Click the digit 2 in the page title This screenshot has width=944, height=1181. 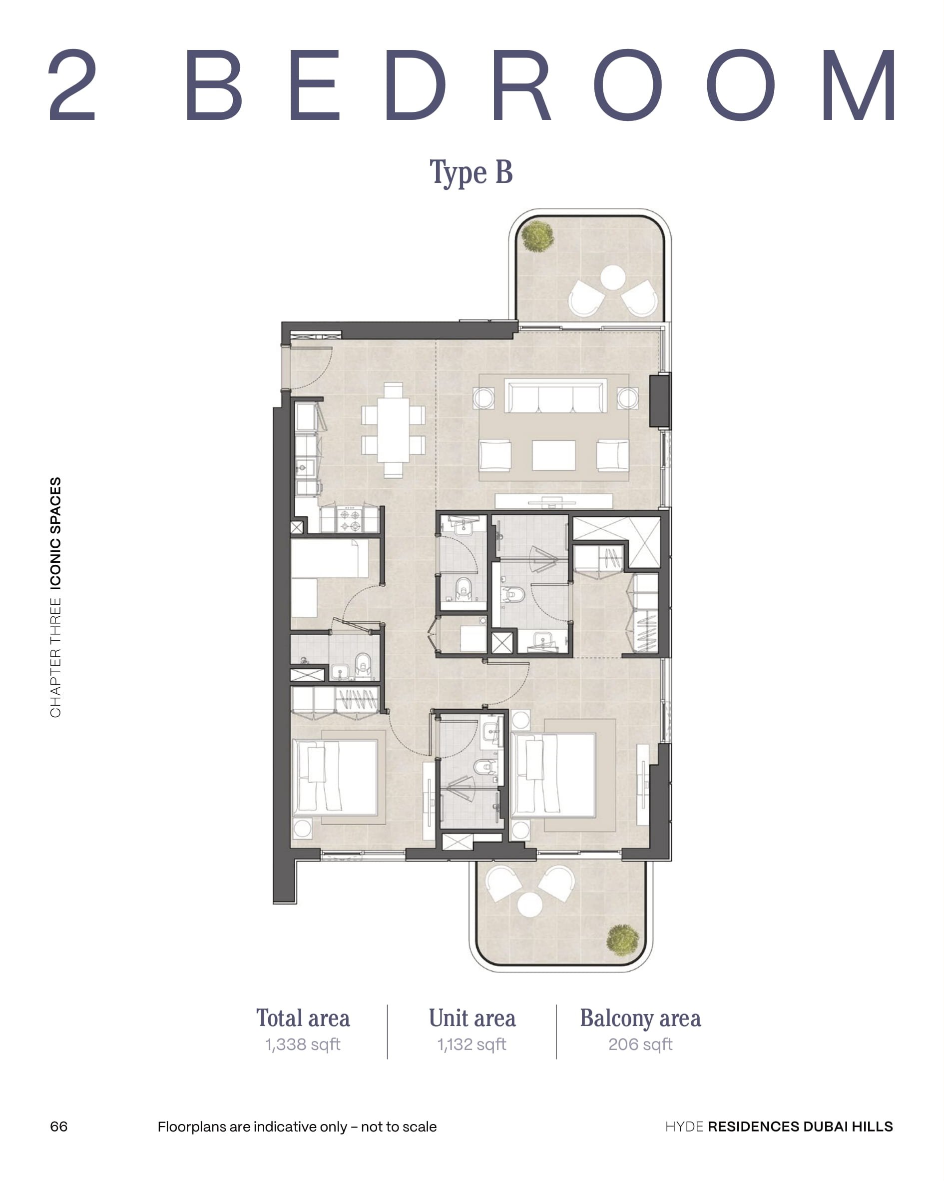(72, 84)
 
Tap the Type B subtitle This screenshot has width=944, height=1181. (471, 172)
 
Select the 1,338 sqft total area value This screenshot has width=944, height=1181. (303, 1045)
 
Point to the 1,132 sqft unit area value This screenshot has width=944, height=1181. (472, 1045)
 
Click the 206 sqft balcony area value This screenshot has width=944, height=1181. (640, 1045)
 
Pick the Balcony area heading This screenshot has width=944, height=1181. (640, 1018)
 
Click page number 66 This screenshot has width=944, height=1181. (58, 1127)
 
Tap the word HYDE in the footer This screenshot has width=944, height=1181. (684, 1127)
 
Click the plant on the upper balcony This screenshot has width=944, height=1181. (537, 235)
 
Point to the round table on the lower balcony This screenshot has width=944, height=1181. (529, 905)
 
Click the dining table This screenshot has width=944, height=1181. (393, 429)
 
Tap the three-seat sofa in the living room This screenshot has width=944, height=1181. (555, 395)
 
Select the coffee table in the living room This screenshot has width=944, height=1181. (553, 455)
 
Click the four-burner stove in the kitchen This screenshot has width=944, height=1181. (349, 519)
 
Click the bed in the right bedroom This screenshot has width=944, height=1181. (553, 774)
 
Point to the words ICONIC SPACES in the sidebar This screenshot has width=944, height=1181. (55, 533)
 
